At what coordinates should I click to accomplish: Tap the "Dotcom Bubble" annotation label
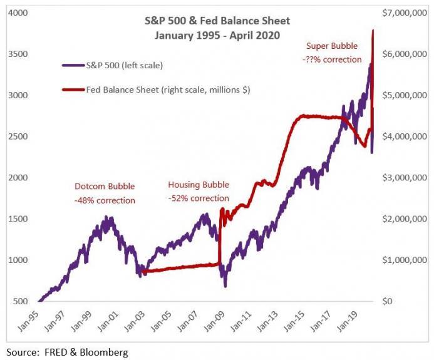(x=105, y=187)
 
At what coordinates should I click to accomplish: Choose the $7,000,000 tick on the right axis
(x=405, y=13)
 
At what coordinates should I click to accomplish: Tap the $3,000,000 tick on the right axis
(x=405, y=178)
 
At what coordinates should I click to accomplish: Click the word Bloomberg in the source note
(x=105, y=352)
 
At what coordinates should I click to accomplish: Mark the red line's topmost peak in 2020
(x=373, y=30)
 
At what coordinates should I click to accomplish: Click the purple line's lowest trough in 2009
(x=225, y=286)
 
